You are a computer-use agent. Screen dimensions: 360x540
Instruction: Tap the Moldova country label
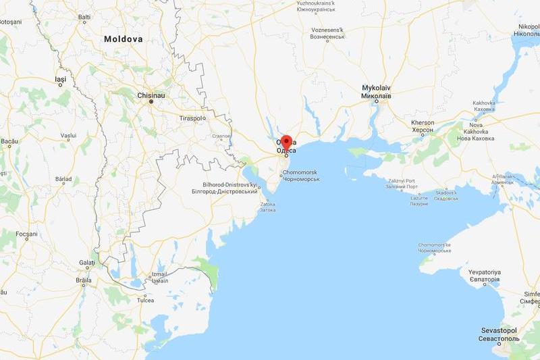tap(123, 39)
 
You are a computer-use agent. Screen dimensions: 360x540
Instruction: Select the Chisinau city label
tap(151, 95)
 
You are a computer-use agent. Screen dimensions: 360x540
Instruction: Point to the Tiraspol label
tap(192, 118)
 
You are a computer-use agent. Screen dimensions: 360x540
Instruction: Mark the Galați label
tap(87, 262)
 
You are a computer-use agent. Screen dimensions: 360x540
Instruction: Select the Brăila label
tap(84, 279)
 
